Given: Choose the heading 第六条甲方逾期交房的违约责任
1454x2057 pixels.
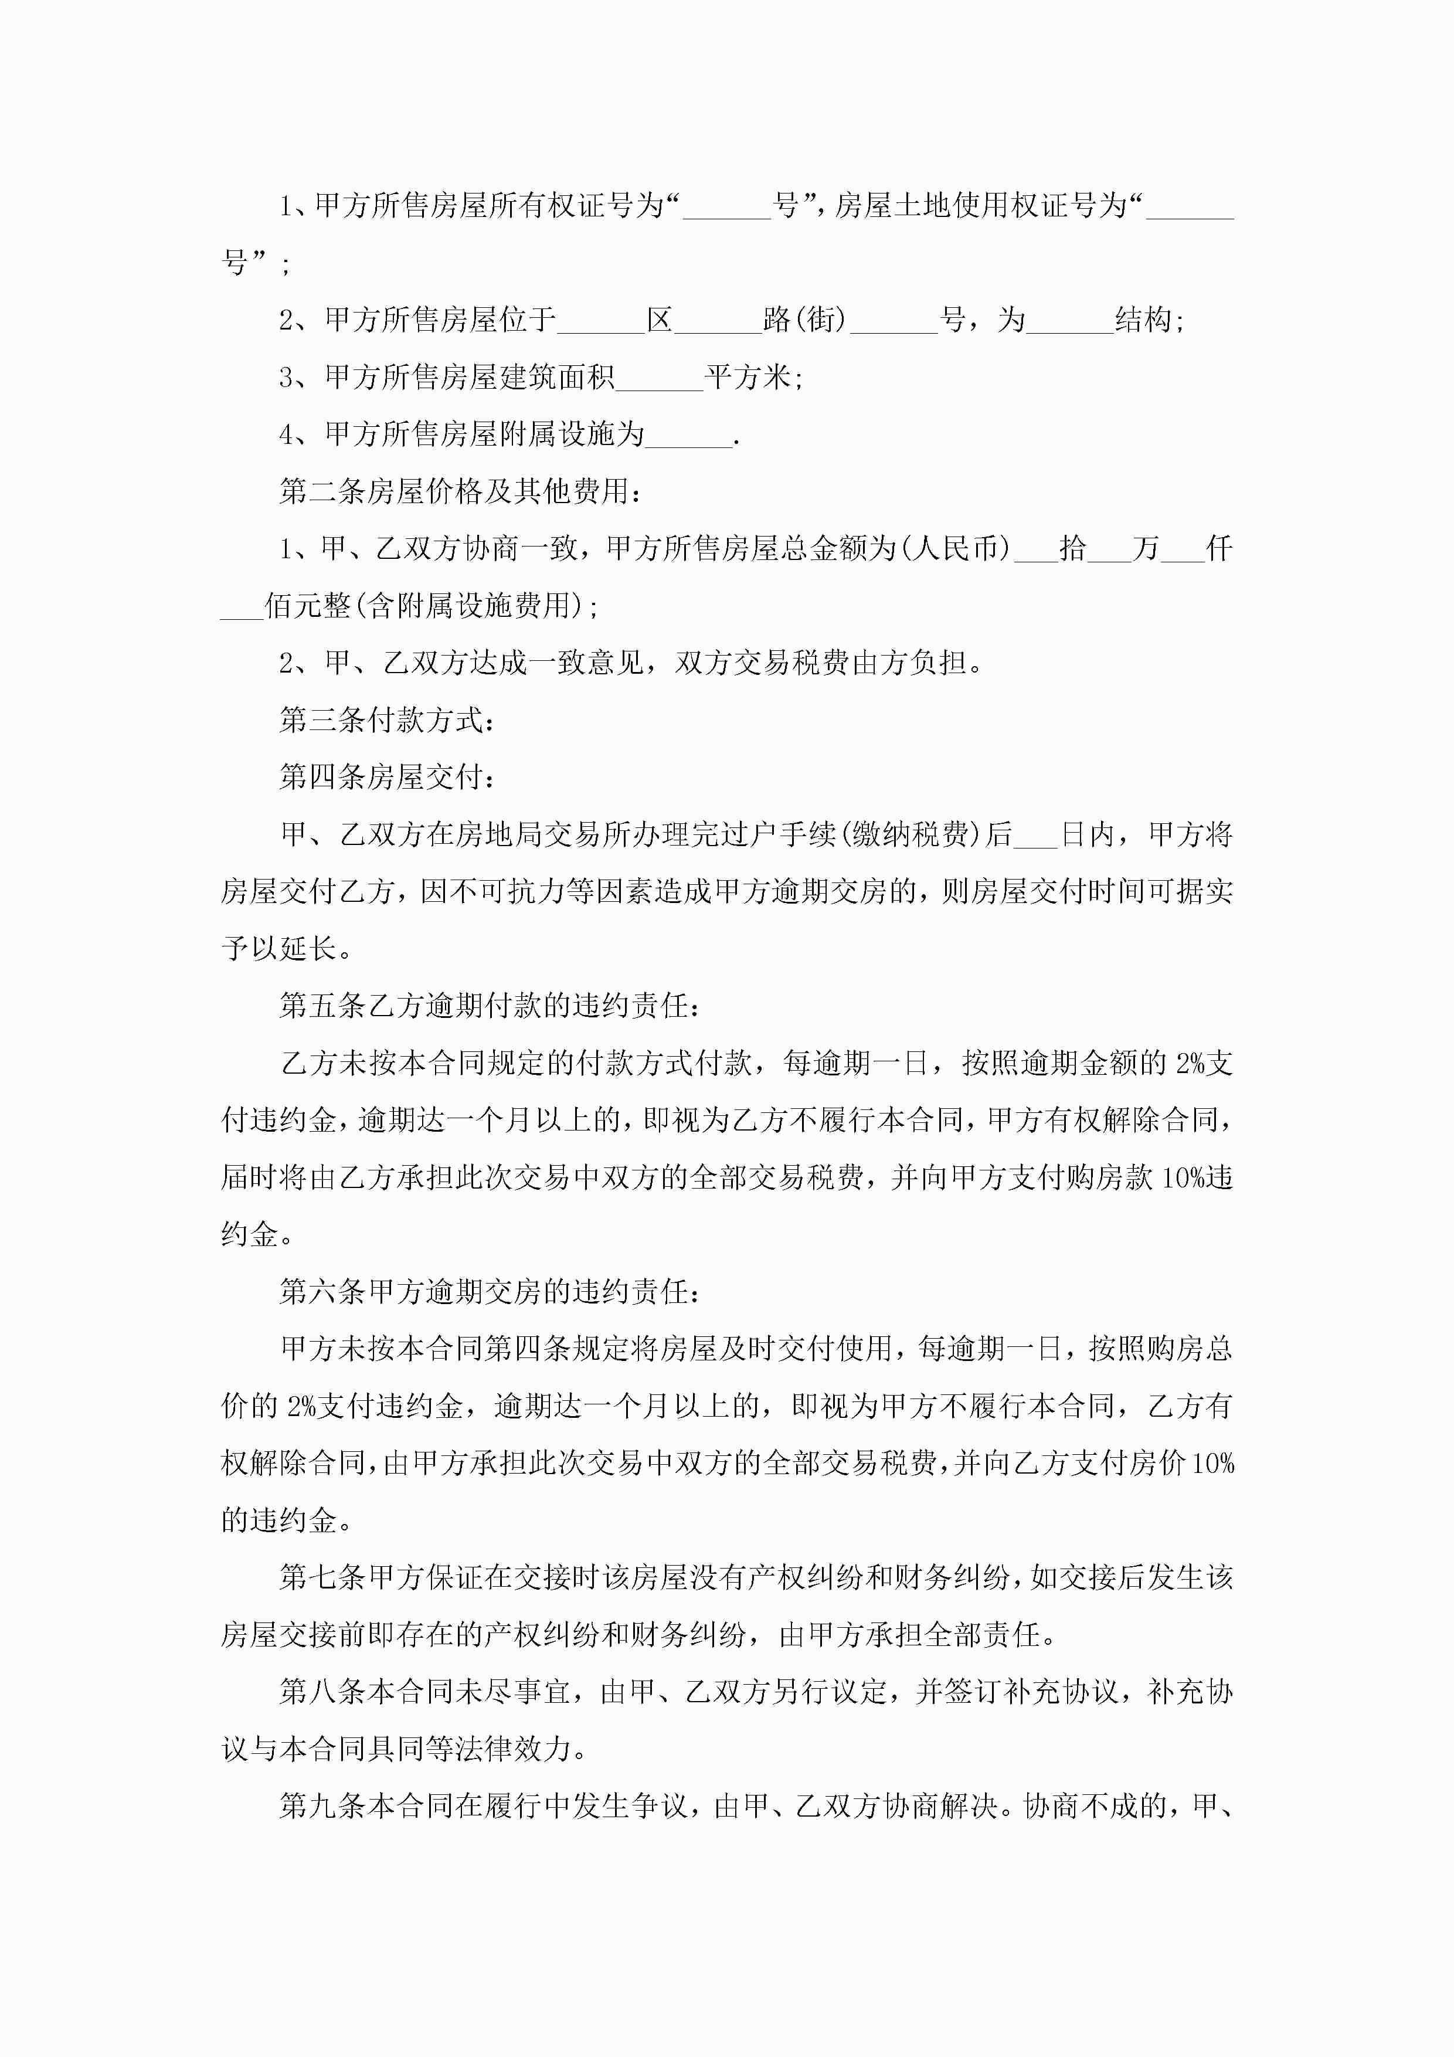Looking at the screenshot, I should pyautogui.click(x=488, y=1291).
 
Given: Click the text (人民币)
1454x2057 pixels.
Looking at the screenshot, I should pyautogui.click(x=957, y=548).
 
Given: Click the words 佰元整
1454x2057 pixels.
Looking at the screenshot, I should pyautogui.click(x=307, y=606).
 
